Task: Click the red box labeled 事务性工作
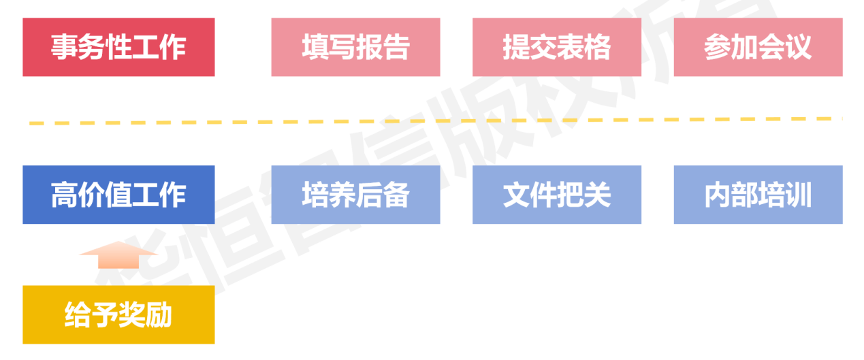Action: pyautogui.click(x=118, y=47)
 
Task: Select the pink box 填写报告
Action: pyautogui.click(x=355, y=47)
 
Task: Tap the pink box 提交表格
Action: pyautogui.click(x=556, y=47)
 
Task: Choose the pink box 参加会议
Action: pyautogui.click(x=758, y=47)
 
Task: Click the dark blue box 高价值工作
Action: pyautogui.click(x=118, y=195)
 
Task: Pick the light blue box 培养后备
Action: pyautogui.click(x=355, y=195)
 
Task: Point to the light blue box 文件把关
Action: pyautogui.click(x=556, y=195)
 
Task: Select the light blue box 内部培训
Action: pyautogui.click(x=758, y=195)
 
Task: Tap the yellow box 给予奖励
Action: pyautogui.click(x=118, y=314)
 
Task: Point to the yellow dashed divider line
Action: pyautogui.click(x=436, y=121)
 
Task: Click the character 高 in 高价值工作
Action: pyautogui.click(x=65, y=195)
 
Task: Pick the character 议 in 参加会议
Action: pyautogui.click(x=799, y=48)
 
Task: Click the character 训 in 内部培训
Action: pyautogui.click(x=799, y=195)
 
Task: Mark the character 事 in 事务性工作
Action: pyautogui.click(x=65, y=48)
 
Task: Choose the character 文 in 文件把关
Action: pyautogui.click(x=516, y=195)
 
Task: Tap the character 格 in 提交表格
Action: pyautogui.click(x=597, y=48)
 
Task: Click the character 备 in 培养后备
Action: pyautogui.click(x=396, y=195)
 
